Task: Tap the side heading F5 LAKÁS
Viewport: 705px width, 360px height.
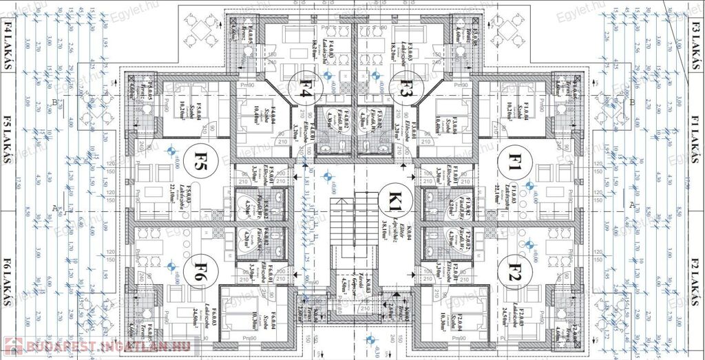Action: [x=9, y=149]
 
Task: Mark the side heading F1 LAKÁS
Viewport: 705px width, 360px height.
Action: [x=695, y=148]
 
